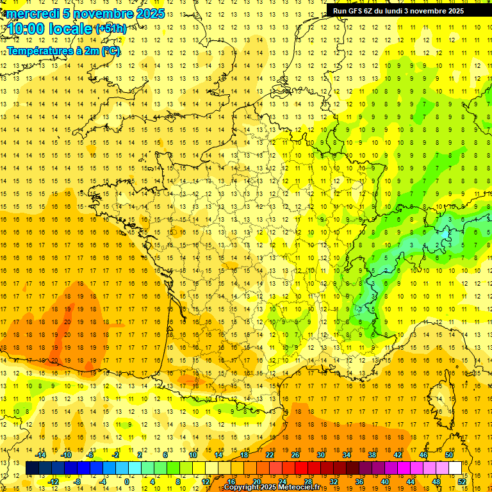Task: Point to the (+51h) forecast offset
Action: click(111, 29)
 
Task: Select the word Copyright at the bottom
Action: click(241, 488)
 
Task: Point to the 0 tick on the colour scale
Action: click(127, 482)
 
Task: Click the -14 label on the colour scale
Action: click(41, 455)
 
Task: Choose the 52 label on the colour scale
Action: click(462, 482)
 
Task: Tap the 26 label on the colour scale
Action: click(295, 455)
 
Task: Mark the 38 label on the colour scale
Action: click(372, 455)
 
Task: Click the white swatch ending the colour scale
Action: click(455, 468)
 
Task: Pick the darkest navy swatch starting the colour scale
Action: click(32, 468)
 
